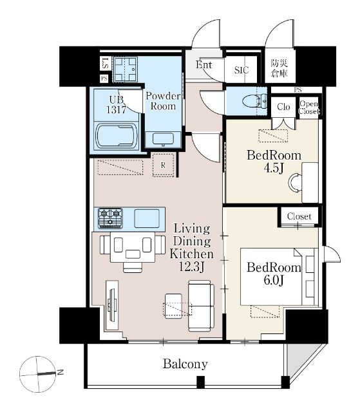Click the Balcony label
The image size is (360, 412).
tap(185, 364)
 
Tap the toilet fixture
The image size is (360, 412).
tap(254, 101)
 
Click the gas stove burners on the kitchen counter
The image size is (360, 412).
tap(110, 218)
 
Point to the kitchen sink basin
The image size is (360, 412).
tap(147, 218)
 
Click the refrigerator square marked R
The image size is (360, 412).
tap(163, 165)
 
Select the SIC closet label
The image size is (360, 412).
tap(242, 70)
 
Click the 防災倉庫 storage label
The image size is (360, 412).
tap(279, 68)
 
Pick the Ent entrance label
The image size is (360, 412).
tap(204, 64)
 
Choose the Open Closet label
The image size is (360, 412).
tap(308, 108)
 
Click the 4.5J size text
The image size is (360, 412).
tap(274, 168)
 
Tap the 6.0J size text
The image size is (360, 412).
tap(274, 281)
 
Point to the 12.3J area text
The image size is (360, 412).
tap(191, 267)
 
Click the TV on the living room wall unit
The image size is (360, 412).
tap(113, 304)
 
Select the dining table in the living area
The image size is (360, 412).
tap(133, 247)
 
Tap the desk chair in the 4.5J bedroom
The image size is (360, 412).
tap(295, 182)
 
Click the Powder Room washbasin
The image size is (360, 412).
tap(163, 139)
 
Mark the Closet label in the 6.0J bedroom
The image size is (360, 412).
tap(299, 216)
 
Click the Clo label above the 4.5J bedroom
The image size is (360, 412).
tap(283, 107)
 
